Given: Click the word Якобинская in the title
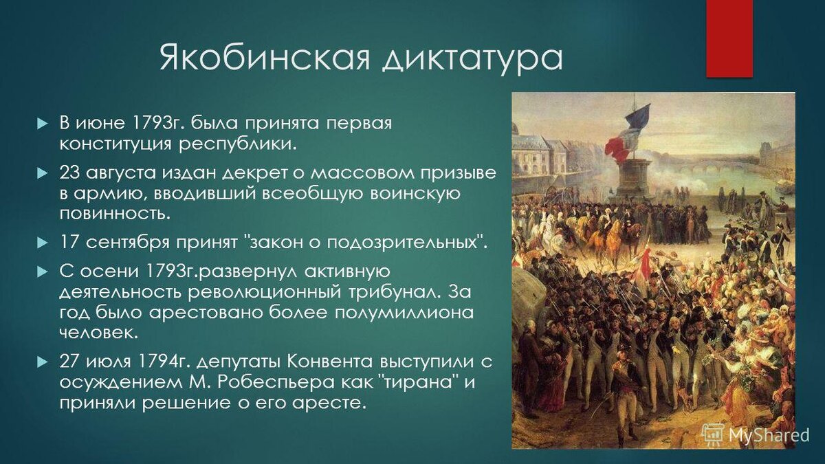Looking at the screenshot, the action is pos(264,58).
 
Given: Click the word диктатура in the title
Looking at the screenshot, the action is pos(472,60).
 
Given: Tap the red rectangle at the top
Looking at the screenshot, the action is pos(729,38).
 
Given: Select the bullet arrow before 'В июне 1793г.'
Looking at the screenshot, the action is pos(43,123).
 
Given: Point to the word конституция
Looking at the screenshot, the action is pos(115,144).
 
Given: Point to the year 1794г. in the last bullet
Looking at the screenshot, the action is pos(164,362).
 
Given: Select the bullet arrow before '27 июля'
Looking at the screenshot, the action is pos(43,362).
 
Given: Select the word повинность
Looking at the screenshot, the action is pos(115,214).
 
